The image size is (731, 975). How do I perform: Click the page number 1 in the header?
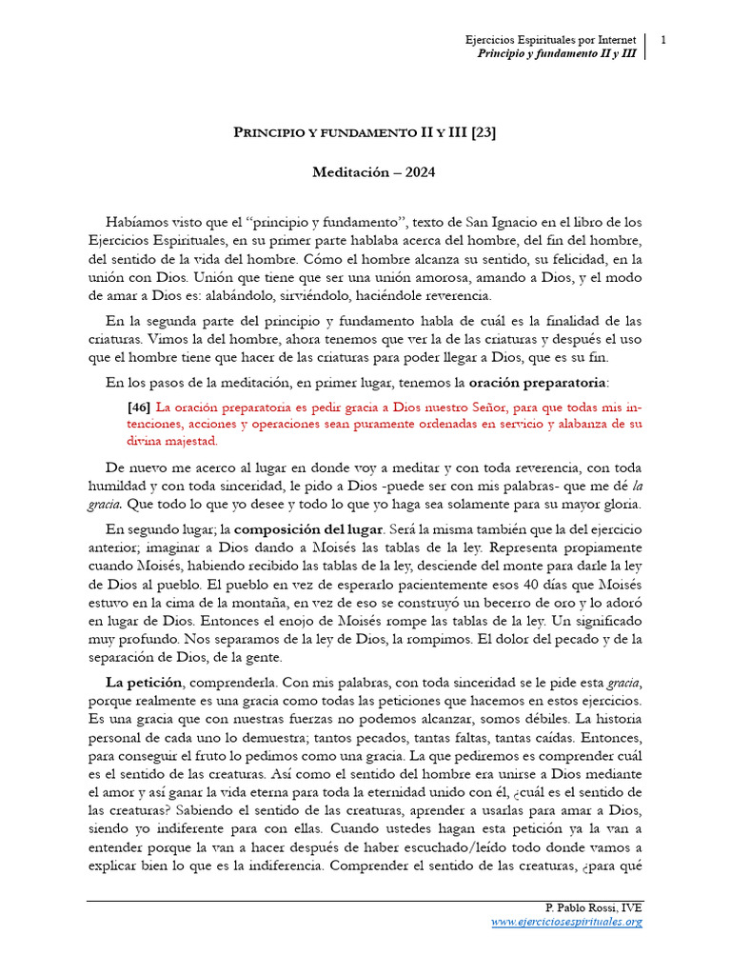662,40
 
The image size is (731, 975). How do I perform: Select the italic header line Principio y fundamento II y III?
556,54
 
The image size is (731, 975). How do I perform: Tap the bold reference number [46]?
138,406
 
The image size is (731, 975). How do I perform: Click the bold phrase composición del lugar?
308,528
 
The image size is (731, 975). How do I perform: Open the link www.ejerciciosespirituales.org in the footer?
566,922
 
